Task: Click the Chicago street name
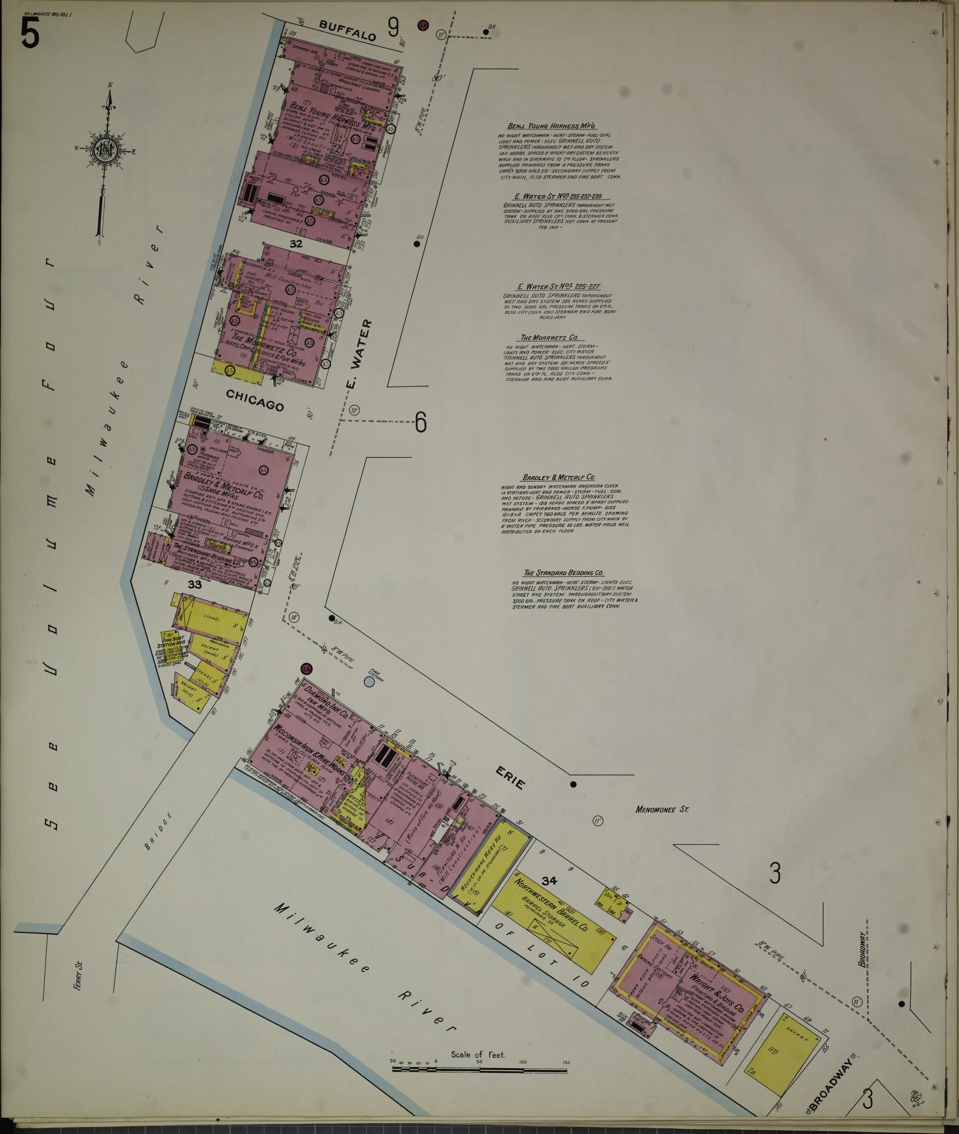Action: coord(255,400)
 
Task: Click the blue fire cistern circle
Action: coord(369,681)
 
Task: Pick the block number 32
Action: coord(296,244)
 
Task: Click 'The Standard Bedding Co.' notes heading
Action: coord(564,573)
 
